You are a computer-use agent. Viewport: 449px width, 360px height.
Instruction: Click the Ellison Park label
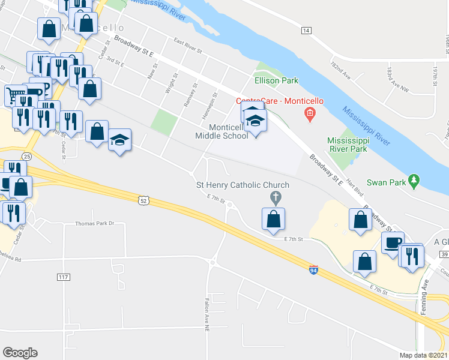tap(276, 80)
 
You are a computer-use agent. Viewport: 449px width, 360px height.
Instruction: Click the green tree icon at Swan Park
tap(413, 179)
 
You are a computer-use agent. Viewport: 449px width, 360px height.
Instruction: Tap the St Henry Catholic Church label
tap(243, 185)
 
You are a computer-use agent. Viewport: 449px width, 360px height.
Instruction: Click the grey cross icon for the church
tap(276, 196)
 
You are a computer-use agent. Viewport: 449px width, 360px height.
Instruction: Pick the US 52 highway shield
tap(142, 199)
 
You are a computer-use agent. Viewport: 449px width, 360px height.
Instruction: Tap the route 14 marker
tap(306, 30)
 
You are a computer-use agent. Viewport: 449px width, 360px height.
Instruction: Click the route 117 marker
tap(64, 277)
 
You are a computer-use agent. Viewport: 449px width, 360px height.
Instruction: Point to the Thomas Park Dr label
tap(94, 223)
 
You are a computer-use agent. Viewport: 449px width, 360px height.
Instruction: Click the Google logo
tap(20, 353)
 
